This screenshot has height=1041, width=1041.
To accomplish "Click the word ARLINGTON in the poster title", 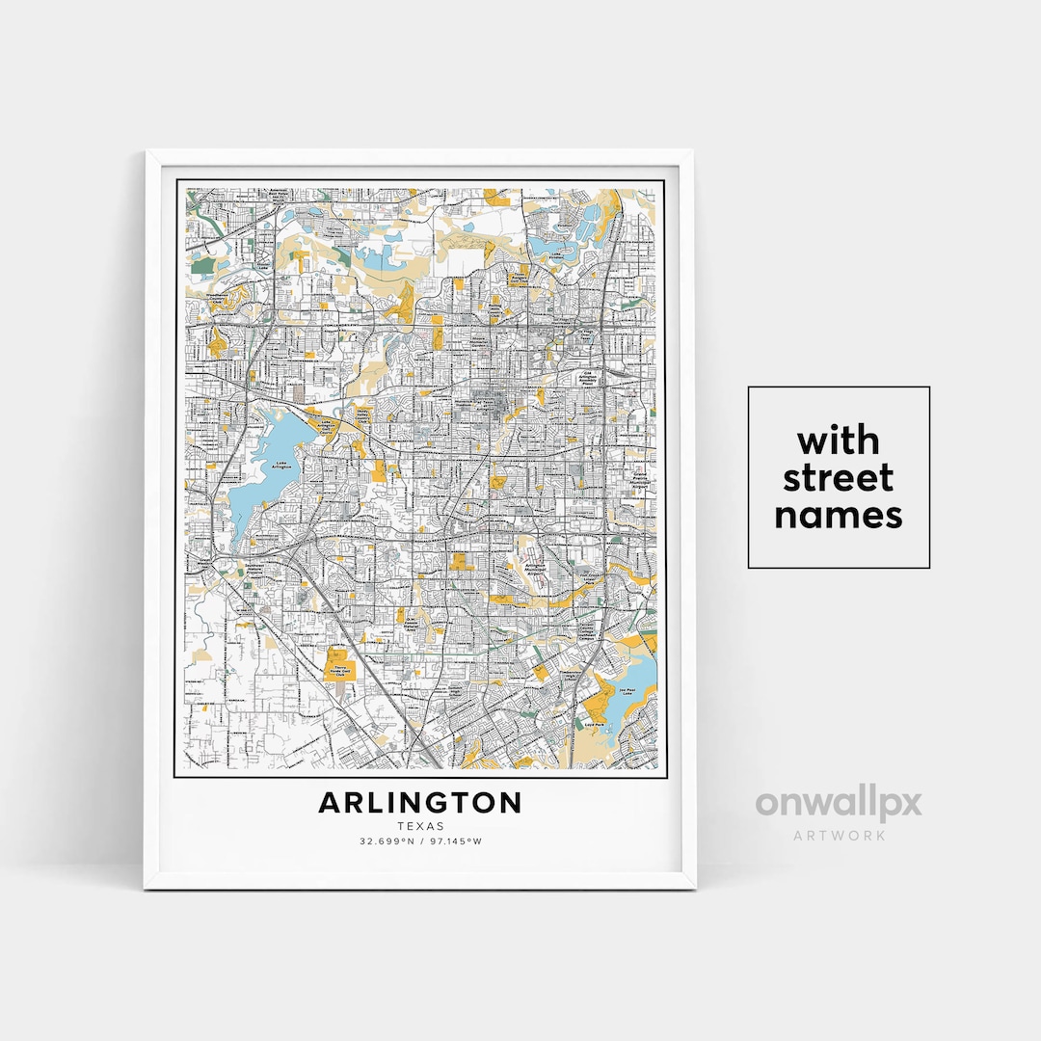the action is tap(420, 802).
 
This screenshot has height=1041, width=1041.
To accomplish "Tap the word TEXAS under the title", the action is tap(420, 826).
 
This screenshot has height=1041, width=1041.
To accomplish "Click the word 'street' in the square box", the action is tap(839, 478).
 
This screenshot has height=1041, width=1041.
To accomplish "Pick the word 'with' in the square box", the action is tap(839, 441).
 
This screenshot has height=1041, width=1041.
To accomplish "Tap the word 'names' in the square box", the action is tap(839, 516).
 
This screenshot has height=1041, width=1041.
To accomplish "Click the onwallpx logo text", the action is tap(839, 803).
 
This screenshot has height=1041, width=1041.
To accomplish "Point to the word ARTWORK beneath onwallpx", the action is tap(839, 835).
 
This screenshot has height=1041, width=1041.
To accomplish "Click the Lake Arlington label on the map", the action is tap(282, 465).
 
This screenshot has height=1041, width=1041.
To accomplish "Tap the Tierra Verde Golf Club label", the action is tap(339, 669).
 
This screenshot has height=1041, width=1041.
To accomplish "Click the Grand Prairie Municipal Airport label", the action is tap(638, 480).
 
